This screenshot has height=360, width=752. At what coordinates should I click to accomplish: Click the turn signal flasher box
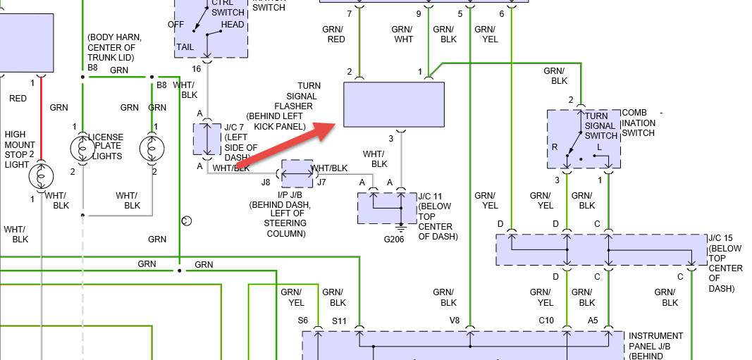coord(393,104)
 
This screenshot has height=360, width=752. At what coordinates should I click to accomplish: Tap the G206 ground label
coord(395,239)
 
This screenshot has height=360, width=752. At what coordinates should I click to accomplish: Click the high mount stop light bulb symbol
coord(42,177)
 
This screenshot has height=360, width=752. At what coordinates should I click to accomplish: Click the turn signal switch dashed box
coord(584,139)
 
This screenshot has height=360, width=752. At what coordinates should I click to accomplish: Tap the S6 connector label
coord(303,321)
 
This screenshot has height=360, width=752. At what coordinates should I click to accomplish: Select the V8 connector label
coord(455,321)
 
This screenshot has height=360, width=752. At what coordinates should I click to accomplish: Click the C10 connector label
coord(547,321)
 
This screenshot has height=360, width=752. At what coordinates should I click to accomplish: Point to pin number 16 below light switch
coord(197,69)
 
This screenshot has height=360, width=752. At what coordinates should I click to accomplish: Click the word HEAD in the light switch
coord(233,25)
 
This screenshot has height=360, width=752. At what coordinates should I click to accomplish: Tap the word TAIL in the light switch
coord(185,46)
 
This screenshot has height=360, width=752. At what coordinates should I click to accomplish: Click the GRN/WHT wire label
coord(403,35)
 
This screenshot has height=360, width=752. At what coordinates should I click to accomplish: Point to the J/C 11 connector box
coord(387,207)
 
